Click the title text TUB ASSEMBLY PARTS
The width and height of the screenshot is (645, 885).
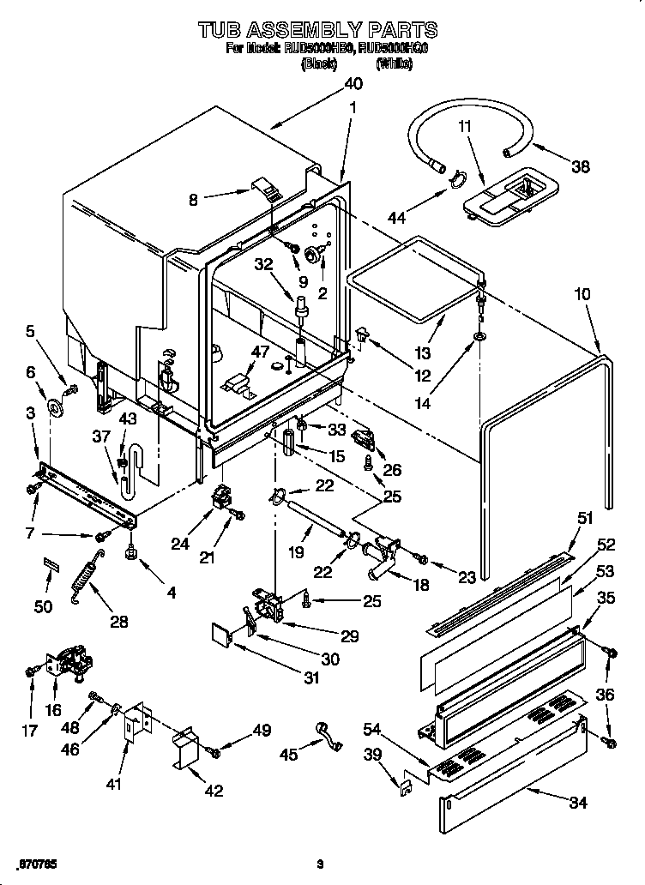(317, 31)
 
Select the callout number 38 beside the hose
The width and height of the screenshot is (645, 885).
(580, 167)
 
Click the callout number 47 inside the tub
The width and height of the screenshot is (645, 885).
(260, 351)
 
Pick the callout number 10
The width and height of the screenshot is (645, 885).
(582, 294)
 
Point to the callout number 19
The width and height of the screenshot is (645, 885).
(295, 553)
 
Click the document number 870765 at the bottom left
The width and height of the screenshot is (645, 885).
(39, 860)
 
